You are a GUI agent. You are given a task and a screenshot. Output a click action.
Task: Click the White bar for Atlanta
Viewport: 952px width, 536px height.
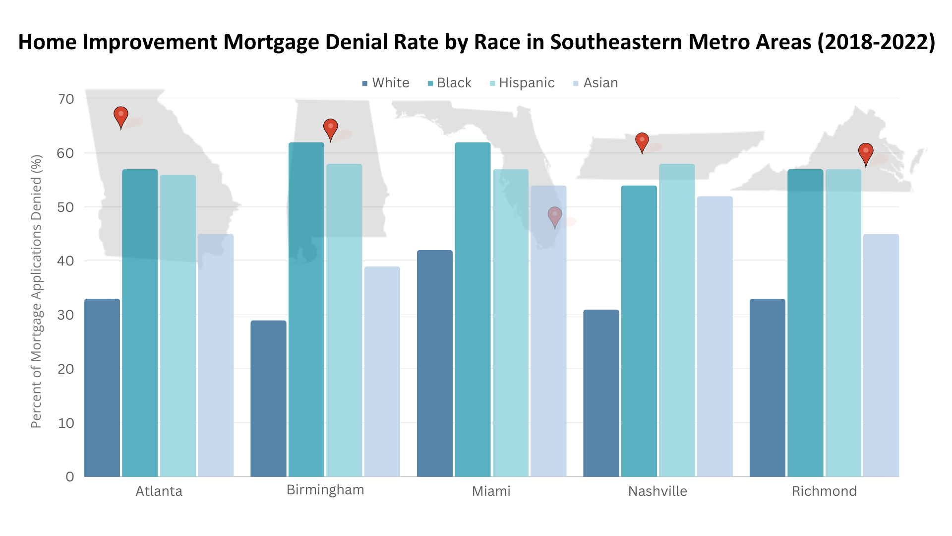102,387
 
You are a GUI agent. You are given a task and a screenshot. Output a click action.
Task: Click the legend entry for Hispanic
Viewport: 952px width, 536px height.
526,83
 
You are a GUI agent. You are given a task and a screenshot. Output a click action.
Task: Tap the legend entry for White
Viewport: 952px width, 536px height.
390,83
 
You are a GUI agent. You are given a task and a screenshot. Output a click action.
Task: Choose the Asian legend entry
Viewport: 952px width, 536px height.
600,83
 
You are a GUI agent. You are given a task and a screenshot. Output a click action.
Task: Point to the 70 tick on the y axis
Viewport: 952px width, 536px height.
66,99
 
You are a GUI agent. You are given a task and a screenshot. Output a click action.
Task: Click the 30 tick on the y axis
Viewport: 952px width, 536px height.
66,315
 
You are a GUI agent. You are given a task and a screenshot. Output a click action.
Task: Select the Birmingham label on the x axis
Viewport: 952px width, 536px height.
325,490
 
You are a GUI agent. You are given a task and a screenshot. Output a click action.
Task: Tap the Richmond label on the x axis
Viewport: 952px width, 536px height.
824,491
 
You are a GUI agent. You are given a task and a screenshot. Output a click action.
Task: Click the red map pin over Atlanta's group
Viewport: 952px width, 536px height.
121,117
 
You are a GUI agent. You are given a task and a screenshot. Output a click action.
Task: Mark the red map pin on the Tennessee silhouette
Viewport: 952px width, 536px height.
642,141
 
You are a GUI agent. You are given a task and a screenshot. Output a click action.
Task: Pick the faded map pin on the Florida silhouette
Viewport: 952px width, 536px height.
554,216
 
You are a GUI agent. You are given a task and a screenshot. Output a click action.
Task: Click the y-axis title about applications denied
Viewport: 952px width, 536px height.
36,291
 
